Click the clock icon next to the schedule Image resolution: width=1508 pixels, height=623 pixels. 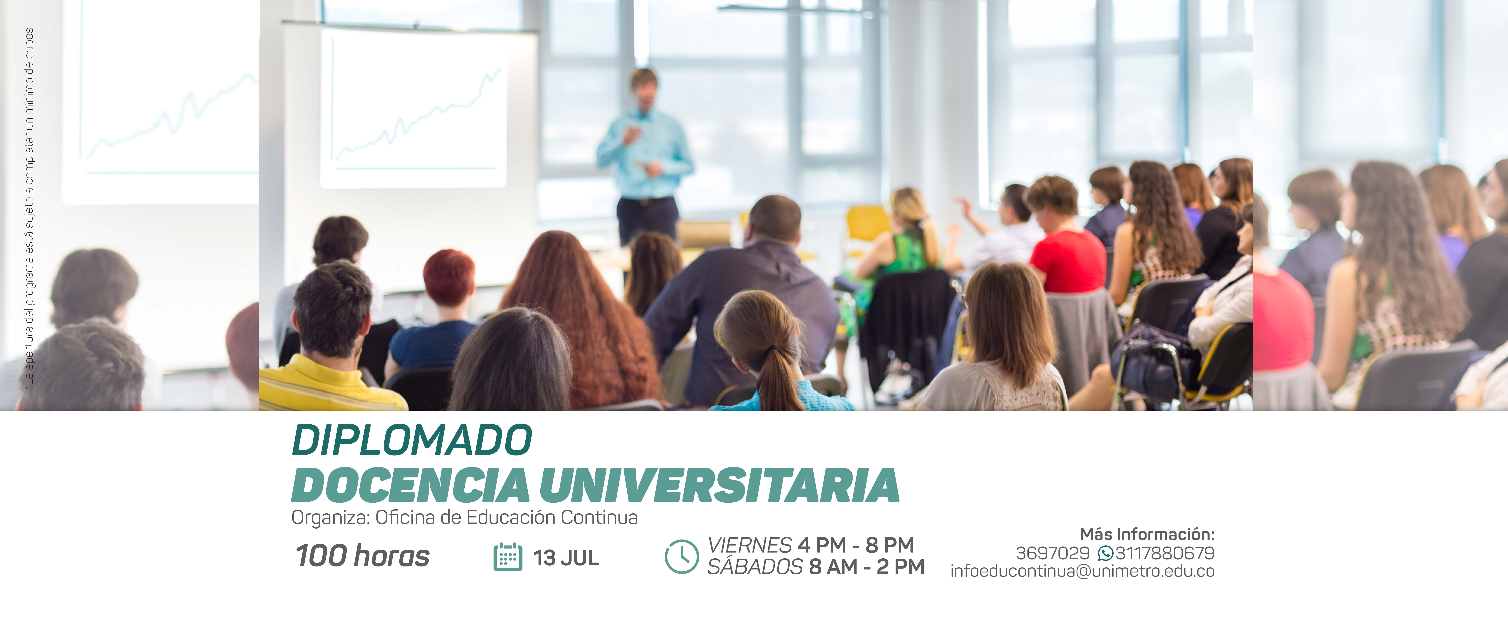point(681,556)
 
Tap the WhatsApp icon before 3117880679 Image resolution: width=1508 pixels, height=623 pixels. point(1105,553)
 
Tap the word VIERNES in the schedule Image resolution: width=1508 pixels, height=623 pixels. point(749,545)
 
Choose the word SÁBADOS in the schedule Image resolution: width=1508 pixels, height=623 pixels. point(755,566)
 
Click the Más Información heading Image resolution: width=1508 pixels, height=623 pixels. point(1147,534)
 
